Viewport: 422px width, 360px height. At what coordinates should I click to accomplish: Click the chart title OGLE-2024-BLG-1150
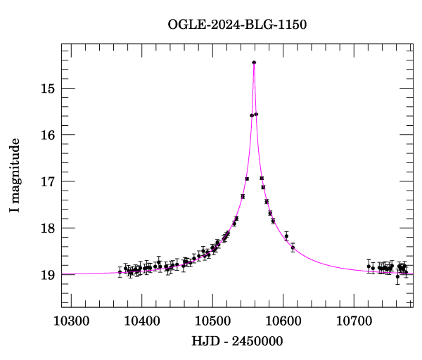237,25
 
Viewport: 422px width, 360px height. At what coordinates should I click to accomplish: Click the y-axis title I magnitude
15,176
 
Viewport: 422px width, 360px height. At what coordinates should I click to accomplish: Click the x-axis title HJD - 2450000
238,341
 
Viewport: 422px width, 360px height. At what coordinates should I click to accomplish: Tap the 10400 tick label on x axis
142,321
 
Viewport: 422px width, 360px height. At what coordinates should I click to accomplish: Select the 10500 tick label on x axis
213,321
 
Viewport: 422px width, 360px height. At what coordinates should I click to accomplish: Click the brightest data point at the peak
254,63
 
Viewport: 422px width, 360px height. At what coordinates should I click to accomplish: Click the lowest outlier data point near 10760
397,276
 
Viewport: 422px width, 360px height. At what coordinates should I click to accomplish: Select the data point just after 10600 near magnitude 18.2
286,236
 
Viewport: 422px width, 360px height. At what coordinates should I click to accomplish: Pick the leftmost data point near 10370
120,271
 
